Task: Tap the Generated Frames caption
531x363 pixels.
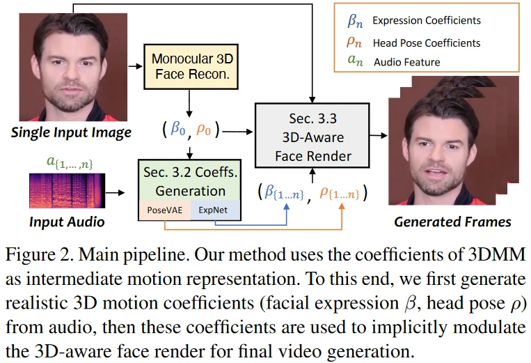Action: pos(452,222)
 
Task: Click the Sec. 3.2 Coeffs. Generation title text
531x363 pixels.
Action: pos(190,180)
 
